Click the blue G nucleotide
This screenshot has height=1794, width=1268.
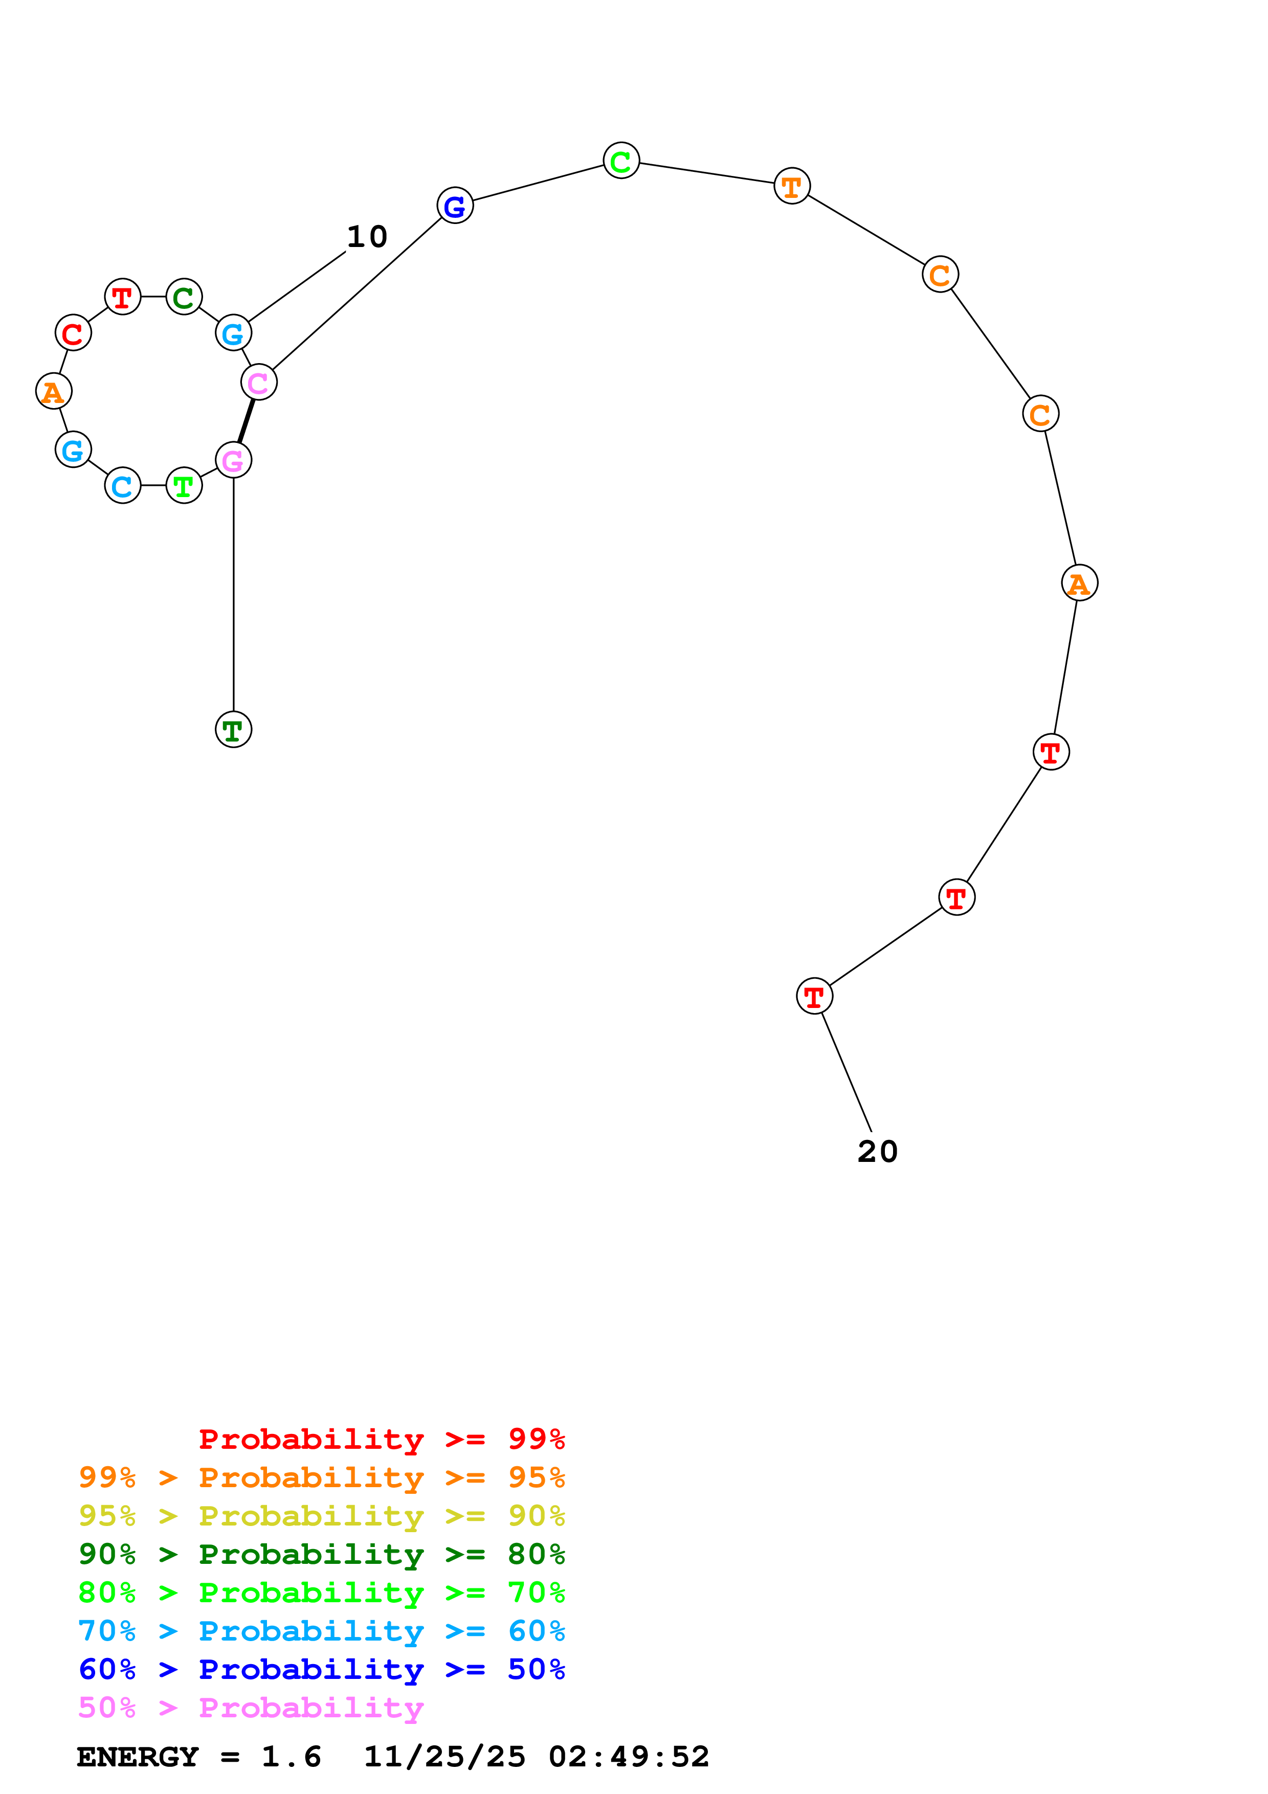tap(455, 206)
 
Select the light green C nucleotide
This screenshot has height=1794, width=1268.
tap(621, 161)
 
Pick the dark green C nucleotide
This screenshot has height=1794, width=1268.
tap(184, 297)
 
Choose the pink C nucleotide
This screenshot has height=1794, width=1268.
tap(259, 382)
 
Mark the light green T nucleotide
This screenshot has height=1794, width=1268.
tap(184, 485)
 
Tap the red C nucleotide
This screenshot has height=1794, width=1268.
tap(73, 333)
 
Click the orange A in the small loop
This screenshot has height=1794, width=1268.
tap(54, 391)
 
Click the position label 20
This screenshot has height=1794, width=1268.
tap(877, 1152)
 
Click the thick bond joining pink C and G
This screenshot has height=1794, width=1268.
tap(246, 421)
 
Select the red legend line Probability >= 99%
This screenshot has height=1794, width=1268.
tap(381, 1439)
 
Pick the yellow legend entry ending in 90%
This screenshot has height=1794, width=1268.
tap(321, 1517)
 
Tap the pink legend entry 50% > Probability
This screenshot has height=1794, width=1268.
tap(251, 1708)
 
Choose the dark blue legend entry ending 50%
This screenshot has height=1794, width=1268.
tap(321, 1670)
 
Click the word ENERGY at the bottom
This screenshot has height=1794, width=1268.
tap(138, 1757)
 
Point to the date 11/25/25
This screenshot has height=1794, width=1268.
tap(444, 1757)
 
